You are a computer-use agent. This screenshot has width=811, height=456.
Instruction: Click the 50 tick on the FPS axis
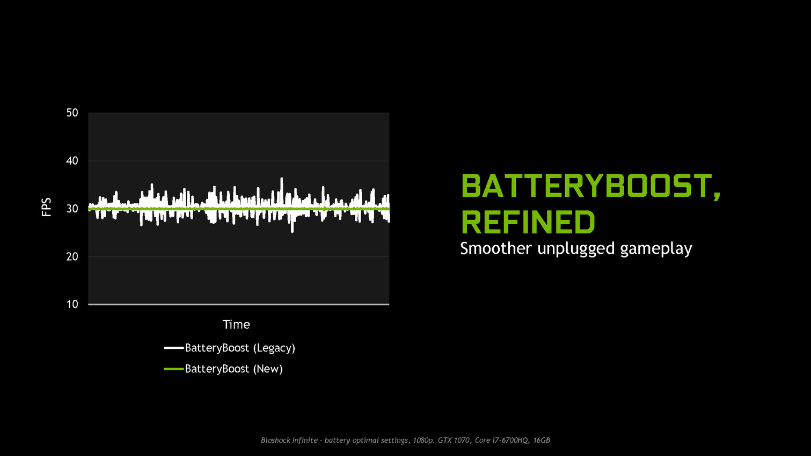pyautogui.click(x=72, y=113)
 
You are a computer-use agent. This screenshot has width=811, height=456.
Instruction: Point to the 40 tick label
pyautogui.click(x=72, y=161)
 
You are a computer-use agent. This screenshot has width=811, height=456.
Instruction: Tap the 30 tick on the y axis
pyautogui.click(x=72, y=209)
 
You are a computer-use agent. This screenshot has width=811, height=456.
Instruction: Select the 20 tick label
pyautogui.click(x=72, y=256)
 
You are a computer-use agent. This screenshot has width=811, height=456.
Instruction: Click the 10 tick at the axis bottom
pyautogui.click(x=72, y=304)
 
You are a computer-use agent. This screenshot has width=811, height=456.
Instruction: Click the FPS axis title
pyautogui.click(x=47, y=208)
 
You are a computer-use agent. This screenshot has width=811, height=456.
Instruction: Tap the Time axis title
pyautogui.click(x=236, y=324)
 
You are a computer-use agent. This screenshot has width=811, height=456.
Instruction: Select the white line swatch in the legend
pyautogui.click(x=174, y=348)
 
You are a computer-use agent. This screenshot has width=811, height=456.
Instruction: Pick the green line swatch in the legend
pyautogui.click(x=174, y=369)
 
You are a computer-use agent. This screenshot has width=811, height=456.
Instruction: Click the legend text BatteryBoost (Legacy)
pyautogui.click(x=240, y=348)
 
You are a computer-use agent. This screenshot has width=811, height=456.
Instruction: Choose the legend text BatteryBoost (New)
pyautogui.click(x=233, y=369)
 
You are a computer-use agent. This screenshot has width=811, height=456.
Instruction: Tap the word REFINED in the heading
pyautogui.click(x=528, y=222)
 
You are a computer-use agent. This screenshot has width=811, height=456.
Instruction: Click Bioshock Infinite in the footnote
pyautogui.click(x=289, y=440)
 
